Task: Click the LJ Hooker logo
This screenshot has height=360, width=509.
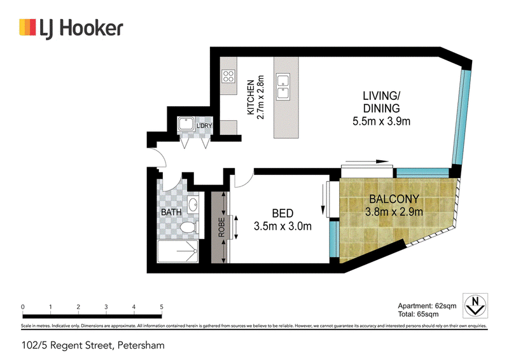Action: tap(71, 28)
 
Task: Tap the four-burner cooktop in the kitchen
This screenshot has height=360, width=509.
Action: tap(228, 76)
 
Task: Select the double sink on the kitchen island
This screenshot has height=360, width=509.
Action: tap(282, 87)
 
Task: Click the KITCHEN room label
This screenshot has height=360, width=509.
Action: tap(251, 97)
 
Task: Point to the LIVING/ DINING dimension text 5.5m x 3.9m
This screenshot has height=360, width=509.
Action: tap(381, 121)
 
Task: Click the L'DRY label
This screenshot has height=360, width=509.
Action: tap(204, 125)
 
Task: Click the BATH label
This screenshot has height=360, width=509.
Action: tap(171, 212)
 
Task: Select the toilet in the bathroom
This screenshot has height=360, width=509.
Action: tap(189, 227)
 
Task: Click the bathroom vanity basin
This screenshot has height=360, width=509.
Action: tap(193, 205)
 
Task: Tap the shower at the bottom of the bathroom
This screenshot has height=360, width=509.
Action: tap(178, 252)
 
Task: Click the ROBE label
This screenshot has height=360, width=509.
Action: tap(221, 227)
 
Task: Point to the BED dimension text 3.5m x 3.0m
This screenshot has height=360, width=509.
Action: tap(282, 226)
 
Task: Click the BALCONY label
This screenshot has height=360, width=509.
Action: tap(394, 198)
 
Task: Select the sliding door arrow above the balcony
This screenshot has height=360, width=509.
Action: tap(367, 162)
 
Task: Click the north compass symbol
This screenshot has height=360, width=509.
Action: tap(475, 306)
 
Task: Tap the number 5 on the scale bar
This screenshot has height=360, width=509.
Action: tap(162, 307)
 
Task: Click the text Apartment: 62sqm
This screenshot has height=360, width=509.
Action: tap(427, 306)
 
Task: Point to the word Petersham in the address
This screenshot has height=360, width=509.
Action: tap(141, 345)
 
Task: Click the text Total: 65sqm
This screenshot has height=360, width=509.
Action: tap(419, 314)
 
